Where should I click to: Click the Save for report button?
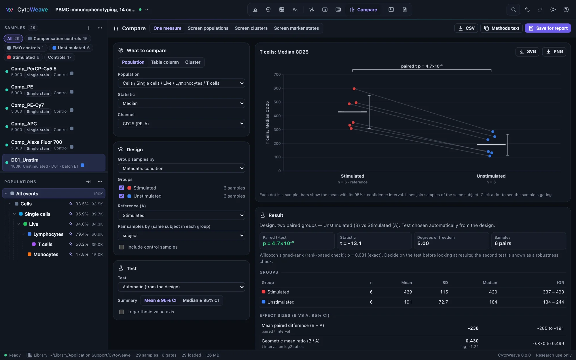[x=548, y=28]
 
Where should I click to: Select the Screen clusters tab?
[x=251, y=28]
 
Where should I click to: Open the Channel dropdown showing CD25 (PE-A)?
[x=181, y=124]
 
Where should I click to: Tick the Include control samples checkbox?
[x=122, y=247]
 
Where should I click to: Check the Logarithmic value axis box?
[x=122, y=312]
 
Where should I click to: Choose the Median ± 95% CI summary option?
[x=201, y=300]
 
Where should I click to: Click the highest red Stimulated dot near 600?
[x=354, y=89]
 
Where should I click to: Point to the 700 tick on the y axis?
[x=277, y=74]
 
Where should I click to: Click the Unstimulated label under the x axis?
[x=491, y=176]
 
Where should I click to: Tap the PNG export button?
[x=554, y=52]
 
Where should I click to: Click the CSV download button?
[x=466, y=28]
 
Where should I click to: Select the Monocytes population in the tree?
[x=46, y=254]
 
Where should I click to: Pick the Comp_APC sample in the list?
[x=24, y=124]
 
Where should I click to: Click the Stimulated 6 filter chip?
[x=23, y=57]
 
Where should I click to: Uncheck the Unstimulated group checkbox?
[x=122, y=196]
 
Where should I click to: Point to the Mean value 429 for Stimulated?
[x=408, y=292]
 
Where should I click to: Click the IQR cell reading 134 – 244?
[x=553, y=302]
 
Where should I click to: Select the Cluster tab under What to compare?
[x=193, y=62]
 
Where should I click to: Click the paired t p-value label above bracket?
[x=422, y=66]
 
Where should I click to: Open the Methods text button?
[x=501, y=28]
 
